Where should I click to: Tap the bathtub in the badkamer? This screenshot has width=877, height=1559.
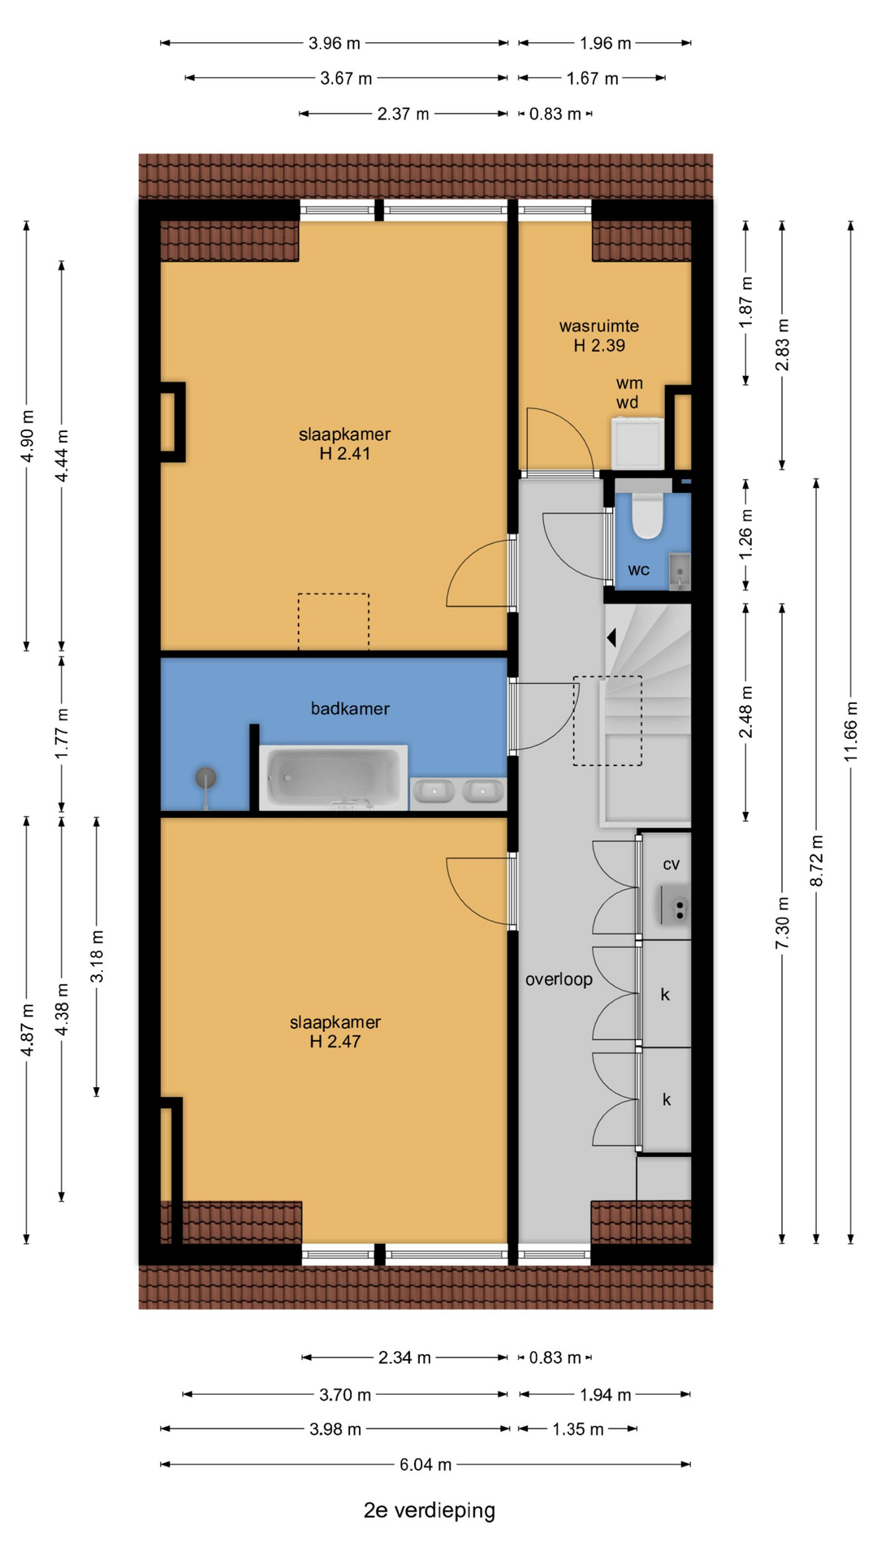coord(334,778)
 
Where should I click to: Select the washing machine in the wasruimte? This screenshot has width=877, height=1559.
coord(637,443)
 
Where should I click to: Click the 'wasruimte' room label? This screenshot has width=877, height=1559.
coord(599,326)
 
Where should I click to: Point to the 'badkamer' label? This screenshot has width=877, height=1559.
coord(350,709)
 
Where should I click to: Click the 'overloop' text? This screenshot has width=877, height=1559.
coord(559,979)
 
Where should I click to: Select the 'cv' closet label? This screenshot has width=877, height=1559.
coord(671,864)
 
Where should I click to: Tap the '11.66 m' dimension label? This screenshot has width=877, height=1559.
coord(850,731)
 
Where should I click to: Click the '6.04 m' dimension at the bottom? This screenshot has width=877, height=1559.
coord(426,1465)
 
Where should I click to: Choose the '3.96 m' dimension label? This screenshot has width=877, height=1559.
coord(335,43)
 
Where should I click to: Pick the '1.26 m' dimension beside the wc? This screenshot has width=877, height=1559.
coord(745,533)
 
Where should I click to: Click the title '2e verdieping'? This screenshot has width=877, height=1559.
coord(430,1510)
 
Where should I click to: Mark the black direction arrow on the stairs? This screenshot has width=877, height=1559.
coord(611,638)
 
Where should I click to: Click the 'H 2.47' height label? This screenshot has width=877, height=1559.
coord(335,1042)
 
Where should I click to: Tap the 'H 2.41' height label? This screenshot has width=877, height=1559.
coord(345,454)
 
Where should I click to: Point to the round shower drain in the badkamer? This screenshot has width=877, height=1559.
coord(206,778)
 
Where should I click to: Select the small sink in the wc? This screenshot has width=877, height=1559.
coord(680,572)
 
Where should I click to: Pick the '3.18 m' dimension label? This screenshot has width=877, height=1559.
coord(97,957)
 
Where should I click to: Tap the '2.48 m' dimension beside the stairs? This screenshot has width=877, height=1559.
coord(745,712)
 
